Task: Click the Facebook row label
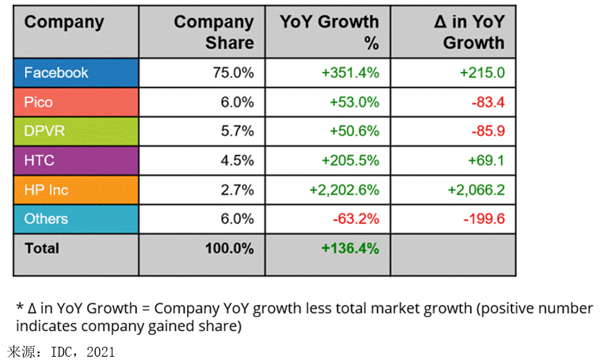56,73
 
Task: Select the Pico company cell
38,102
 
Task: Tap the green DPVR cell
45,131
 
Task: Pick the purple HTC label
40,161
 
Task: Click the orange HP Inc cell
46,190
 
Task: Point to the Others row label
46,219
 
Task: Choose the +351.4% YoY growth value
351,73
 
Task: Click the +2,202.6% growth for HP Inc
344,190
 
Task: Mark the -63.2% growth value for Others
354,219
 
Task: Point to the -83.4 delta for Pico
488,102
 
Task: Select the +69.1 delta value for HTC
486,161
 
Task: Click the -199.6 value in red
484,219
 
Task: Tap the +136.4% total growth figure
350,248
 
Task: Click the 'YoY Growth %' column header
329,32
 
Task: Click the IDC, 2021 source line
61,350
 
